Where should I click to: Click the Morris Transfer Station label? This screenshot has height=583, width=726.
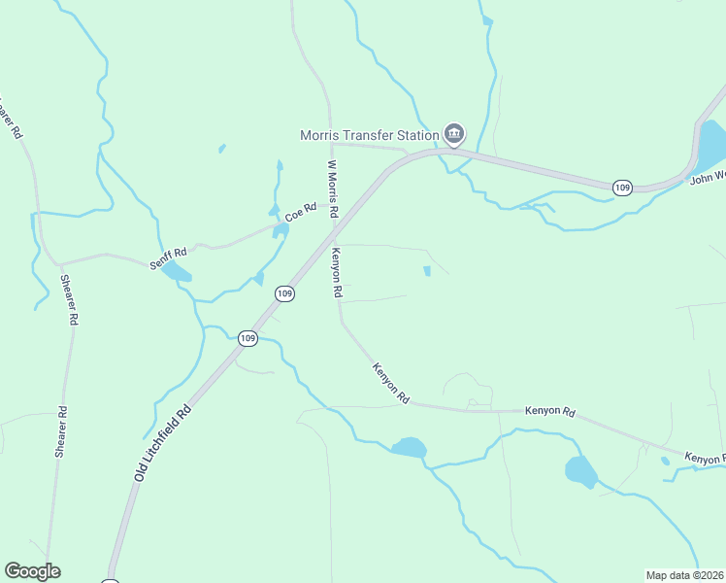tap(368, 134)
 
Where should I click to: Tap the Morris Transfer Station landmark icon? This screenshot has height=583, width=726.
tap(453, 133)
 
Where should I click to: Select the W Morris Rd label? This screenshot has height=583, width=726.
tap(332, 189)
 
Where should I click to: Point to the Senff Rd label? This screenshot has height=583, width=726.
tap(165, 258)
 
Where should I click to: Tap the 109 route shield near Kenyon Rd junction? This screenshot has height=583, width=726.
tap(284, 292)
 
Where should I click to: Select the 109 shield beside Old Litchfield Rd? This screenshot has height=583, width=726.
tap(247, 338)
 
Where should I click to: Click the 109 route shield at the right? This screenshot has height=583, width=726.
tap(622, 186)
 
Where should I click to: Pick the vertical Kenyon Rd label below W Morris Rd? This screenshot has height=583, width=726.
tap(337, 271)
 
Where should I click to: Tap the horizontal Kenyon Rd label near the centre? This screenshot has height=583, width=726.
tap(550, 412)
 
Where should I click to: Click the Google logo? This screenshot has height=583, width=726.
tap(32, 571)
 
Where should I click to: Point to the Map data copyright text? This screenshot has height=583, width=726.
tap(685, 575)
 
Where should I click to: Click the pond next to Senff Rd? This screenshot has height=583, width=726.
tap(177, 271)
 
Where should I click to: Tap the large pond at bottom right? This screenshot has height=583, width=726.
tap(580, 471)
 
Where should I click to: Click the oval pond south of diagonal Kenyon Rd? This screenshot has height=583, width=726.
tap(409, 447)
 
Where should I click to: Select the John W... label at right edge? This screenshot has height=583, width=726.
tap(707, 177)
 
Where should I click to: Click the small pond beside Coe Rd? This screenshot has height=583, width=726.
tap(280, 230)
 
